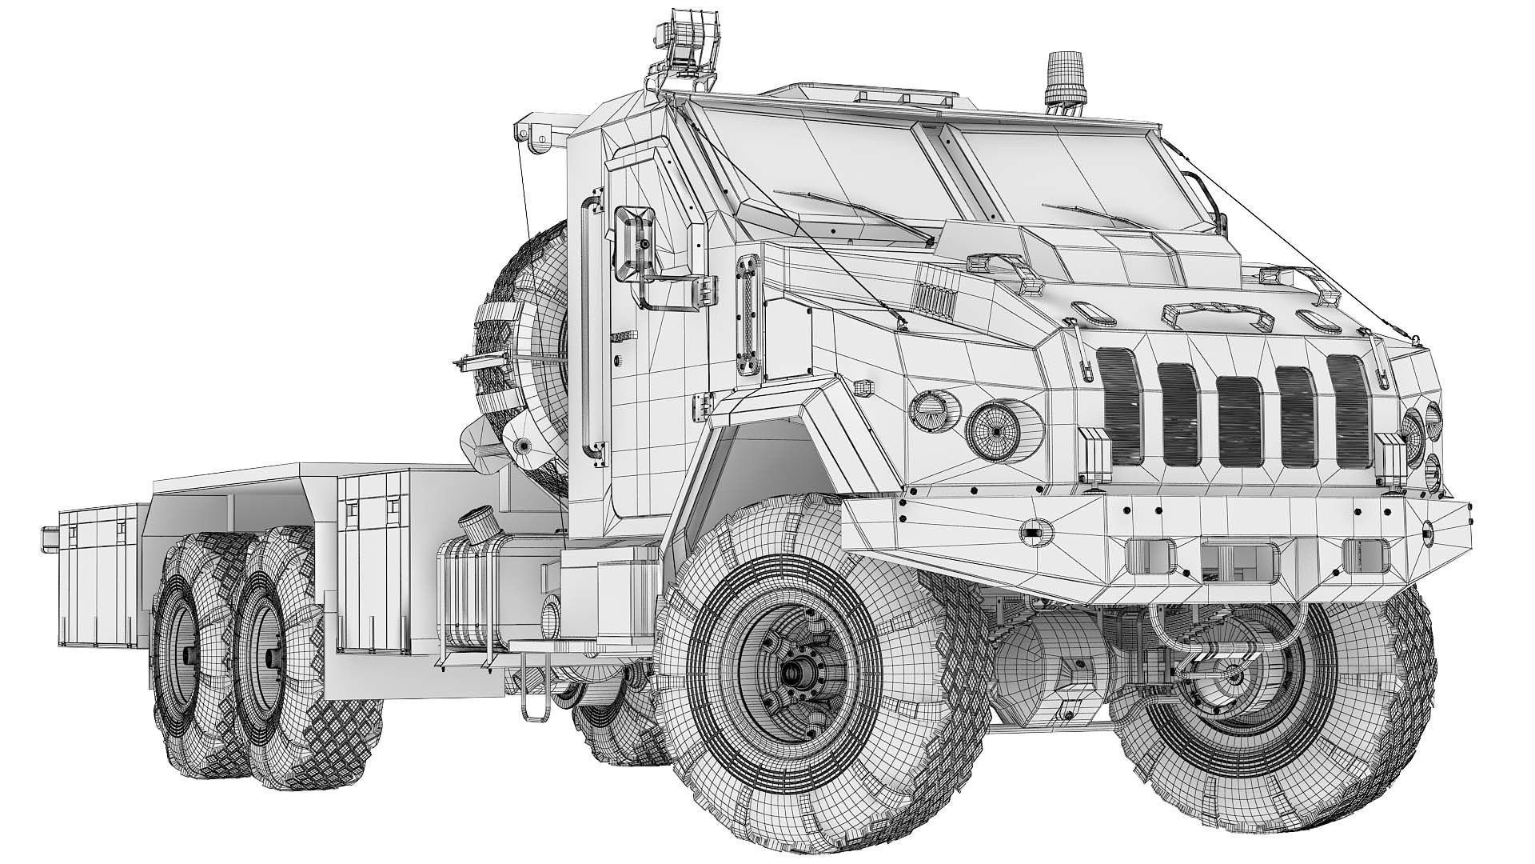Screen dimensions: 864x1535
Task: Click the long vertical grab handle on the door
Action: point(589,328)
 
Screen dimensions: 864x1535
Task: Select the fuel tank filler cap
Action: point(472,530)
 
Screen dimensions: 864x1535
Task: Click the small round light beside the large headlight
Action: point(930,410)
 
